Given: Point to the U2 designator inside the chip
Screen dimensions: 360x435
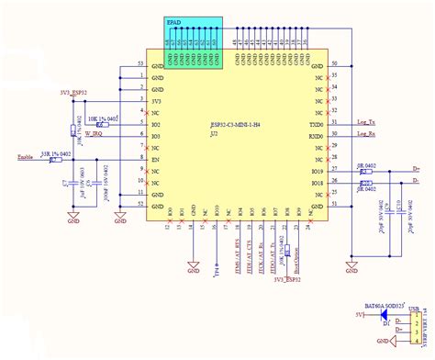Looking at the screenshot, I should pyautogui.click(x=214, y=133).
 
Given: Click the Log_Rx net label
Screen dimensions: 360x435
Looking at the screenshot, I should pyautogui.click(x=367, y=134).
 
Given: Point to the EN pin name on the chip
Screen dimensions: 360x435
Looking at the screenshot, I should pyautogui.click(x=157, y=159).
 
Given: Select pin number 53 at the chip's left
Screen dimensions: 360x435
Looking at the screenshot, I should pyautogui.click(x=139, y=63).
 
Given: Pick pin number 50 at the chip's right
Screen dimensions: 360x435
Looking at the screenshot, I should pyautogui.click(x=334, y=63).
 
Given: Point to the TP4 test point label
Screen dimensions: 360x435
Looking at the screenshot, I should pyautogui.click(x=217, y=273).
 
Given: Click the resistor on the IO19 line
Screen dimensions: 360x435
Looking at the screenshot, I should pyautogui.click(x=365, y=171).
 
